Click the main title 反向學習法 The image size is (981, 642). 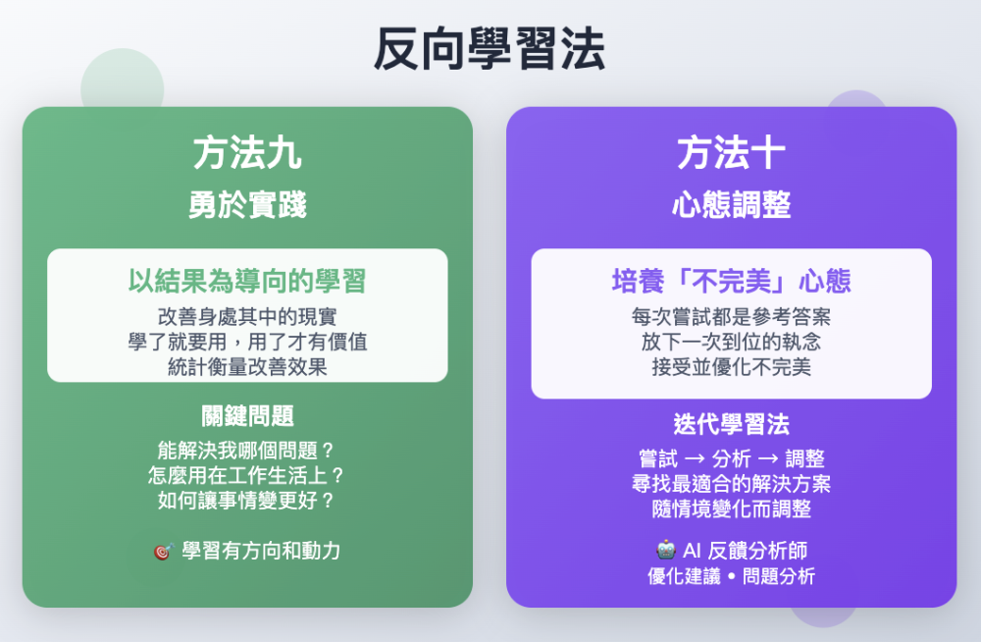490,49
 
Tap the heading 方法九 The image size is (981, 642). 247,153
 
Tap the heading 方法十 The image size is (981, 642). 731,153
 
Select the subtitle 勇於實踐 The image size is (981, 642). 247,205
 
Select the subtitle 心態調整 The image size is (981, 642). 731,205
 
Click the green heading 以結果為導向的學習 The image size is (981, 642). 247,281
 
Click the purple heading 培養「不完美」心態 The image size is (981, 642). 731,281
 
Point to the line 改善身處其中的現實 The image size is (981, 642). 247,317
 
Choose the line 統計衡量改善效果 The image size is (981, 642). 247,367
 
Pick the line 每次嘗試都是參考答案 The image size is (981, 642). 731,317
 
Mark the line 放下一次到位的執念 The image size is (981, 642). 731,342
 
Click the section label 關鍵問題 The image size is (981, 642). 247,416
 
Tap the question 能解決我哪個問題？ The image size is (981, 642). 246,451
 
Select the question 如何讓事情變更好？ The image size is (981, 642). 246,501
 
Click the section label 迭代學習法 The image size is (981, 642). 731,425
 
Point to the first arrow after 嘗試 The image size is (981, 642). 695,459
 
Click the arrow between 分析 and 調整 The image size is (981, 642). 768,459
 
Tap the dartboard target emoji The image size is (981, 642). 163,551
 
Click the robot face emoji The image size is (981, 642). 666,550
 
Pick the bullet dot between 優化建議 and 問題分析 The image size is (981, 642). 731,576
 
